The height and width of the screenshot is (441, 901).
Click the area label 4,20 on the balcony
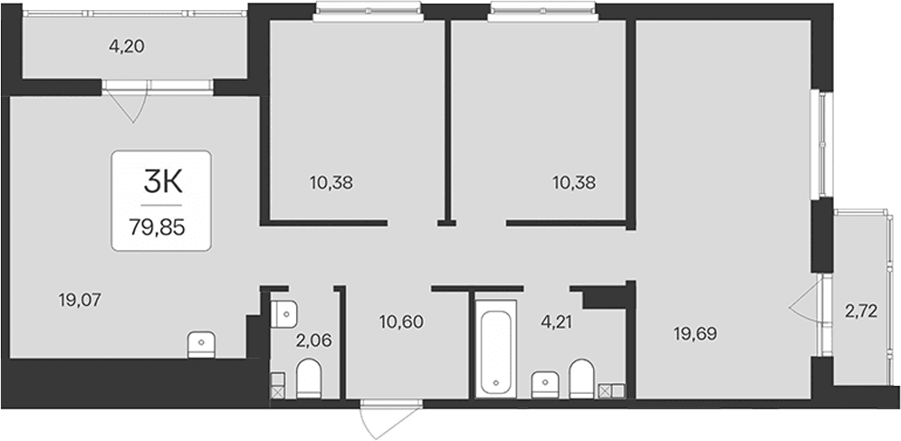point(126,46)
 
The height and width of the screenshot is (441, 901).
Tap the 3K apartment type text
point(163,184)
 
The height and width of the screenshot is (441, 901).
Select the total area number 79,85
point(157,228)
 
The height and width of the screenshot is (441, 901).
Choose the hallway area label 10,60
point(401,321)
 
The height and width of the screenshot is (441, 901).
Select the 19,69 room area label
point(695,333)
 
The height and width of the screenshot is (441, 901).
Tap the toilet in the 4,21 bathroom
point(581,379)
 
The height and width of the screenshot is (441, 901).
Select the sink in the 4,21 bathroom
point(545,384)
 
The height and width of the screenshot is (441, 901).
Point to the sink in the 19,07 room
point(201,344)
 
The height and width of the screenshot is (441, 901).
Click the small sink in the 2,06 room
point(283,313)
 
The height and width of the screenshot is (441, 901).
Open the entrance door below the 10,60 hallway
point(391,419)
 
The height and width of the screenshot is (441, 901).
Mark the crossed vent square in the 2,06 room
point(277,392)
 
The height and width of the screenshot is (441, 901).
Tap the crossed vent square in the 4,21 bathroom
point(605,391)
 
